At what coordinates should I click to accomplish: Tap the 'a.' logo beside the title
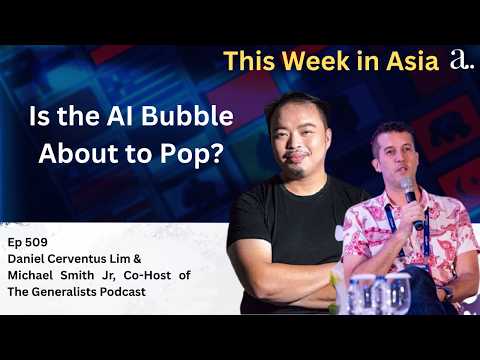(x=460, y=60)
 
